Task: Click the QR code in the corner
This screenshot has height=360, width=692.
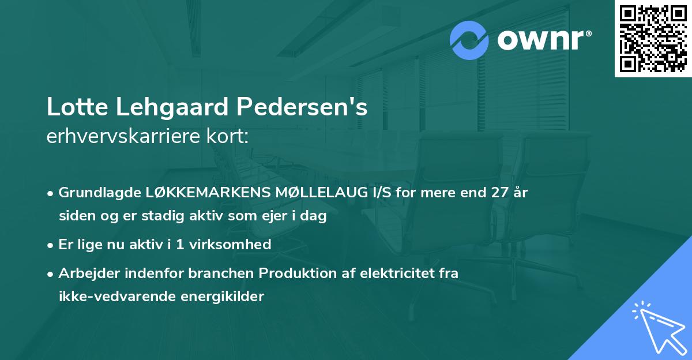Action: coord(653,38)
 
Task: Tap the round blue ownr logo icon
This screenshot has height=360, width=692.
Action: coord(469,40)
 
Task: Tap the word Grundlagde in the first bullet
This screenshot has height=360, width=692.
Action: coord(98,193)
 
